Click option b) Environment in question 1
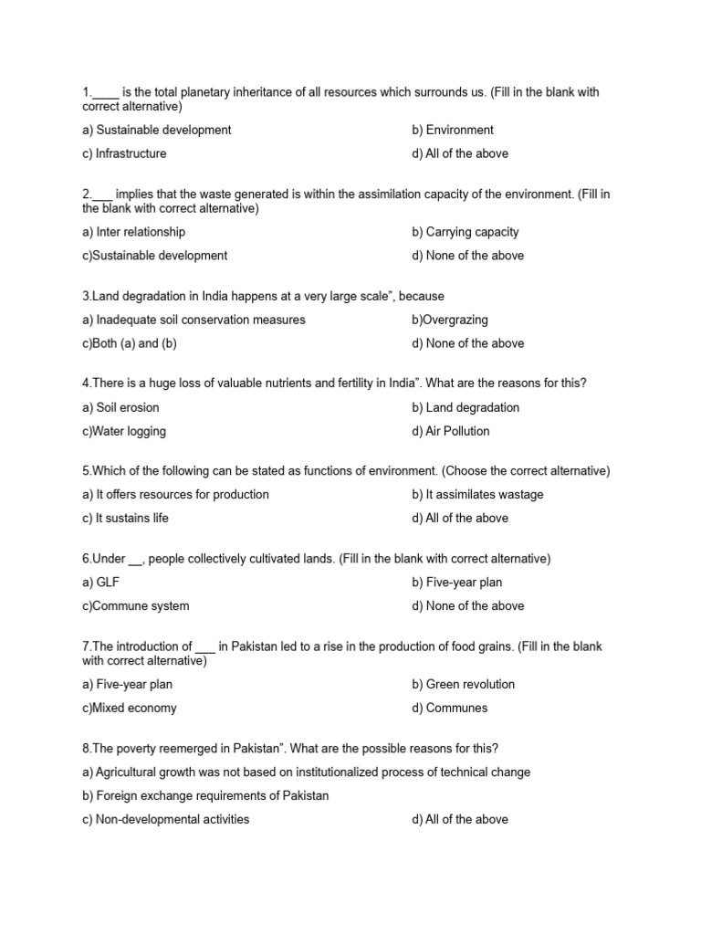click(x=452, y=130)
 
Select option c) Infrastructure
click(x=124, y=153)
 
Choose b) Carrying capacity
click(x=465, y=232)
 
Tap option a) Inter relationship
click(x=133, y=232)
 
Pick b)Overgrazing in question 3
click(x=450, y=320)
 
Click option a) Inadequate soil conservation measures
click(x=194, y=320)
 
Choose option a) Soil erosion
click(x=120, y=407)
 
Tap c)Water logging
click(x=124, y=431)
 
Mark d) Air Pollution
click(x=450, y=431)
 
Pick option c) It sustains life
click(x=125, y=518)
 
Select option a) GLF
click(x=101, y=582)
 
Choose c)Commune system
click(x=136, y=605)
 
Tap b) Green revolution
click(x=463, y=684)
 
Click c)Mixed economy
click(x=130, y=708)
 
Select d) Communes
click(x=449, y=708)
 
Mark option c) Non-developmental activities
click(x=165, y=819)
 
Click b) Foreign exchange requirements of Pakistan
click(x=205, y=795)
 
